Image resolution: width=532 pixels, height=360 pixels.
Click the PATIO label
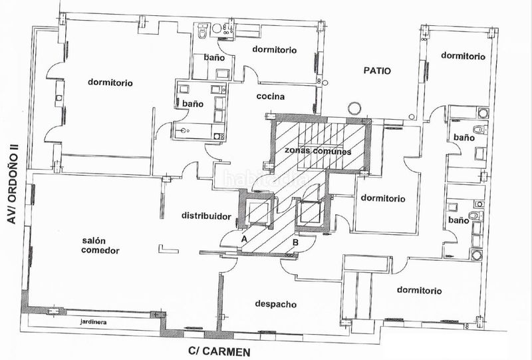point(377,71)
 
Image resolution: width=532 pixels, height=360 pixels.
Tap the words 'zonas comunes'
point(318,151)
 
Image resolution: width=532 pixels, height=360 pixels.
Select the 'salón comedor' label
point(100,246)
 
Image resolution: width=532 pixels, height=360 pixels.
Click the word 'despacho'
point(276,304)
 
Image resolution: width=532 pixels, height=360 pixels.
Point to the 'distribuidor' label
point(206,216)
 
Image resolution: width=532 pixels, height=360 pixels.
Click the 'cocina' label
point(271,96)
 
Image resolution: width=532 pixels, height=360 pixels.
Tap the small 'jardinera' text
point(93,322)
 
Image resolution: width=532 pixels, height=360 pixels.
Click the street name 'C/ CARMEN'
point(219,352)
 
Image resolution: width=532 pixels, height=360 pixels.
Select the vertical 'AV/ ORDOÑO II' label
point(12,184)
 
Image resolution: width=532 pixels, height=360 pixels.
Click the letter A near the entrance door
point(244,239)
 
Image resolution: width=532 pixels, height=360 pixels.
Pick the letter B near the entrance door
point(295,242)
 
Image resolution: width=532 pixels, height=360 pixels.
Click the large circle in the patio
point(354,108)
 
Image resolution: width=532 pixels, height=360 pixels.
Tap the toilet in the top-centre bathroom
point(203,31)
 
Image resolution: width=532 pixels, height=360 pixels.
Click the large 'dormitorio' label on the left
point(110,83)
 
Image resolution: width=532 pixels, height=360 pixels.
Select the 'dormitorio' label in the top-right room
point(463,56)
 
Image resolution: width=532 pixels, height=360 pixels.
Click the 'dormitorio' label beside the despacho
point(420,291)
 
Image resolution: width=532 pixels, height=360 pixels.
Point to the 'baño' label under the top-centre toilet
point(214,57)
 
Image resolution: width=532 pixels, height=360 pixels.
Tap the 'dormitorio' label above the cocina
point(275,50)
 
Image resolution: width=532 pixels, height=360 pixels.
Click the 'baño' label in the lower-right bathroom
point(459,220)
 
